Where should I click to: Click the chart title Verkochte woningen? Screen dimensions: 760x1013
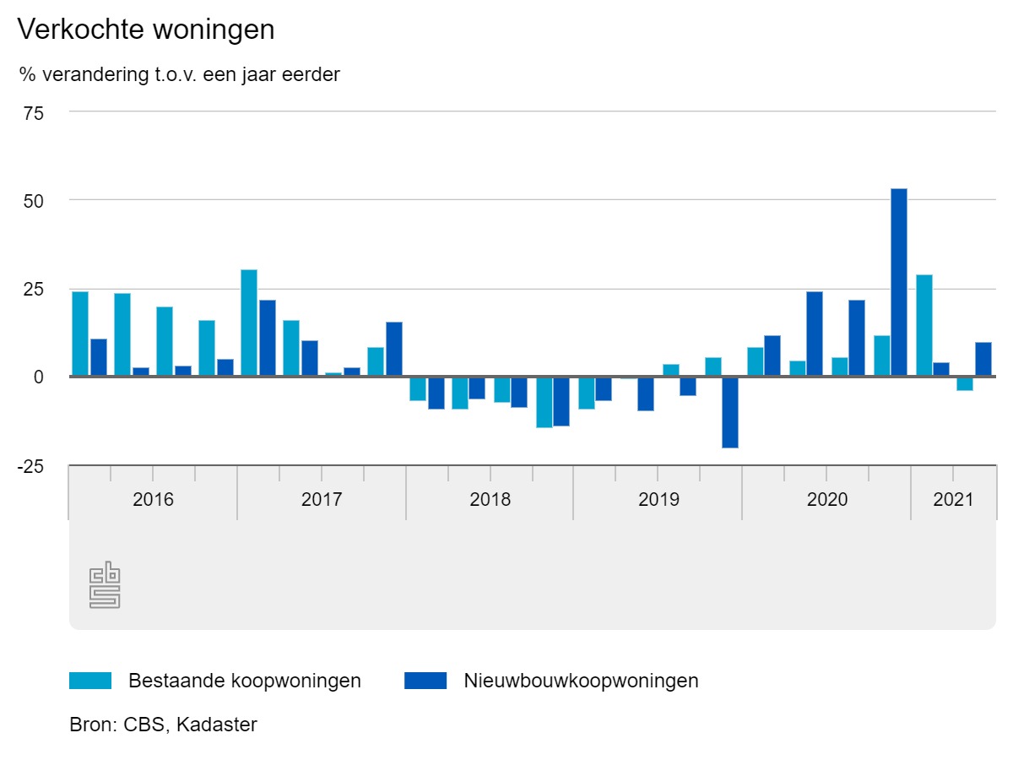(x=146, y=30)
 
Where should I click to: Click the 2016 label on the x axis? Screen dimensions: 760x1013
(x=153, y=499)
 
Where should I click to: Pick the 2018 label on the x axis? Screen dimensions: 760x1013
(x=490, y=499)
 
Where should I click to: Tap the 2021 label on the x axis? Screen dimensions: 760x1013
(x=953, y=499)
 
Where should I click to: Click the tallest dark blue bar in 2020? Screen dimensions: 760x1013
(x=899, y=282)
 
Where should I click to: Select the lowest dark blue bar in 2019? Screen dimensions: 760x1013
(x=730, y=411)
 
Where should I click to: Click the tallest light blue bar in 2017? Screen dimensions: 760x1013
(x=249, y=323)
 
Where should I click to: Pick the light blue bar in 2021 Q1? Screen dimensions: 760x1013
(x=924, y=325)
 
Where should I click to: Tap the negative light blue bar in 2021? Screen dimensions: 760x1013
(x=965, y=383)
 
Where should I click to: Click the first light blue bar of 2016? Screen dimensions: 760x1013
(x=80, y=334)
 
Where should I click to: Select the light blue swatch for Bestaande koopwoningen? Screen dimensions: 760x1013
(x=90, y=681)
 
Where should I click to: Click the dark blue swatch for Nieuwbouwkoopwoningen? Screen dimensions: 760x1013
(x=425, y=681)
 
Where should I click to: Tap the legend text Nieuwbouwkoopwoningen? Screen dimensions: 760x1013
(x=581, y=681)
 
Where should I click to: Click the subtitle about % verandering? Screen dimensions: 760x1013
(x=180, y=74)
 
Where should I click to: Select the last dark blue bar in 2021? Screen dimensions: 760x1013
(x=983, y=359)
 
